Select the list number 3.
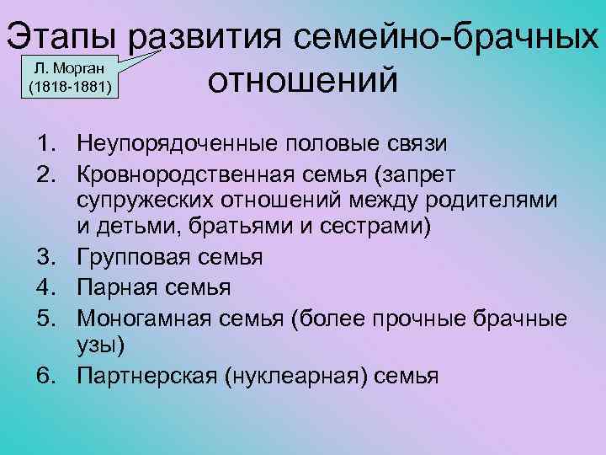(45, 256)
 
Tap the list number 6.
(45, 376)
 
